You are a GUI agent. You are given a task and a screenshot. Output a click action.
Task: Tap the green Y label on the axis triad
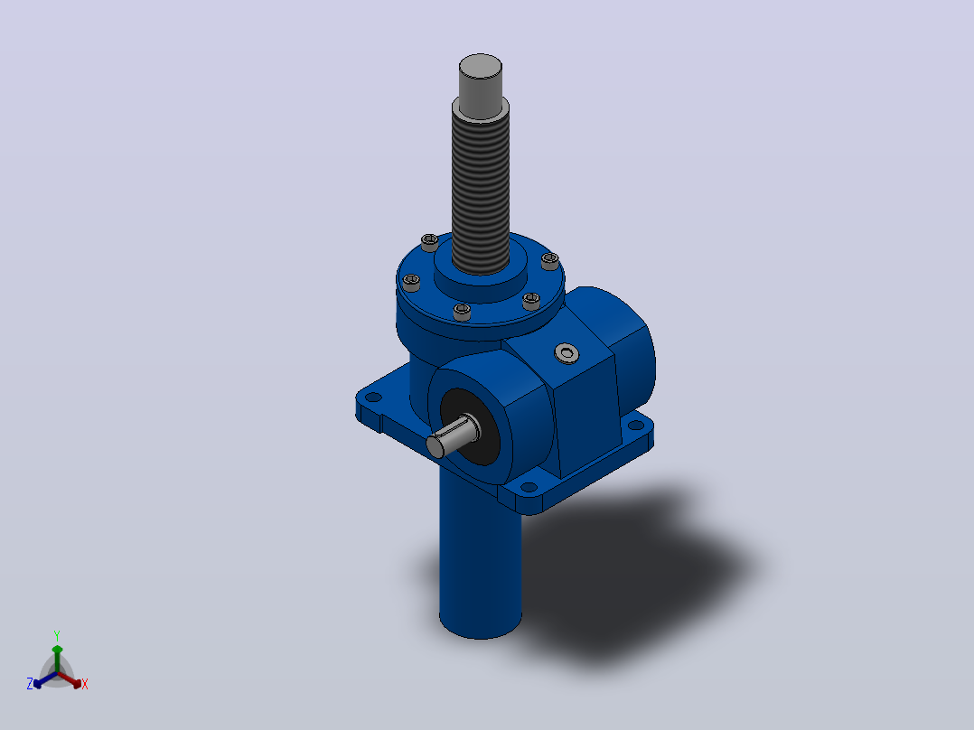tap(57, 635)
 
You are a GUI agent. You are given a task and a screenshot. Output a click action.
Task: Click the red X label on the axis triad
tap(85, 684)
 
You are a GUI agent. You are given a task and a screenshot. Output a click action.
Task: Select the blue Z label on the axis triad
tap(29, 683)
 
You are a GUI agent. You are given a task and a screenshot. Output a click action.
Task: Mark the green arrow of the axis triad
tap(57, 659)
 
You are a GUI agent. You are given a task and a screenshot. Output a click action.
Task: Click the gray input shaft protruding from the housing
tap(452, 435)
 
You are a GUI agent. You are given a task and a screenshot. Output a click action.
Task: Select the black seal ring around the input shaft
tap(470, 426)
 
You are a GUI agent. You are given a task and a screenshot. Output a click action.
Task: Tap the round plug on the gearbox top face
tap(567, 353)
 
